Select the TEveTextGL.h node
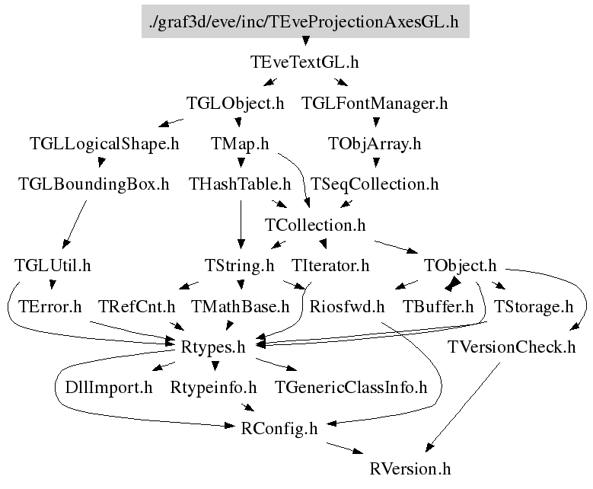pyautogui.click(x=304, y=62)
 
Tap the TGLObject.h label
pyautogui.click(x=235, y=104)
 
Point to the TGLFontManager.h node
pyautogui.click(x=375, y=104)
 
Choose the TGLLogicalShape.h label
pyautogui.click(x=104, y=144)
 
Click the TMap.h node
pyautogui.click(x=240, y=144)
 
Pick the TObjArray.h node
pyautogui.click(x=375, y=144)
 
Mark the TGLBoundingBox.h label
pyautogui.click(x=94, y=184)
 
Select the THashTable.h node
pyautogui.click(x=241, y=184)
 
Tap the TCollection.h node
pyautogui.click(x=315, y=225)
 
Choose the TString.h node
pyautogui.click(x=240, y=266)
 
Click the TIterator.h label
pyautogui.click(x=330, y=266)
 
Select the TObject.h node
pyautogui.click(x=460, y=266)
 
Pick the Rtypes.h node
pyautogui.click(x=213, y=347)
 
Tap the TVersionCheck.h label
pyautogui.click(x=512, y=347)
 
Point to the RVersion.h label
pyautogui.click(x=410, y=468)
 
